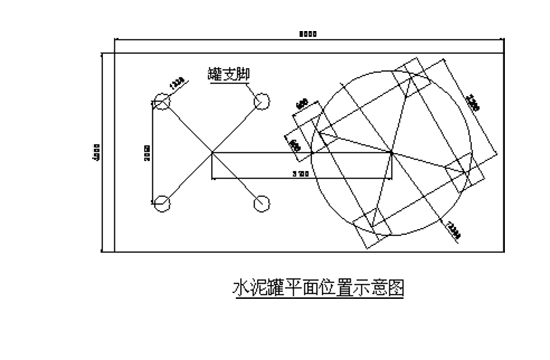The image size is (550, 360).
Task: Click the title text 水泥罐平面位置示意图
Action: [317, 288]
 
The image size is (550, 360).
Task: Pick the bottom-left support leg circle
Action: [161, 204]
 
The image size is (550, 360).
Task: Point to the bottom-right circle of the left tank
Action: [263, 204]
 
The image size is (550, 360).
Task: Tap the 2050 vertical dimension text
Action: [145, 152]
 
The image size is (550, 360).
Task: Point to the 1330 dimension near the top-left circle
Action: [177, 83]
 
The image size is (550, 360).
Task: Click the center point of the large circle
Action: [390, 152]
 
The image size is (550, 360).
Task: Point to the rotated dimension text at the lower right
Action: [452, 229]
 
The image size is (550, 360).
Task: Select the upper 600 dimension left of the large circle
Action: [303, 103]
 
